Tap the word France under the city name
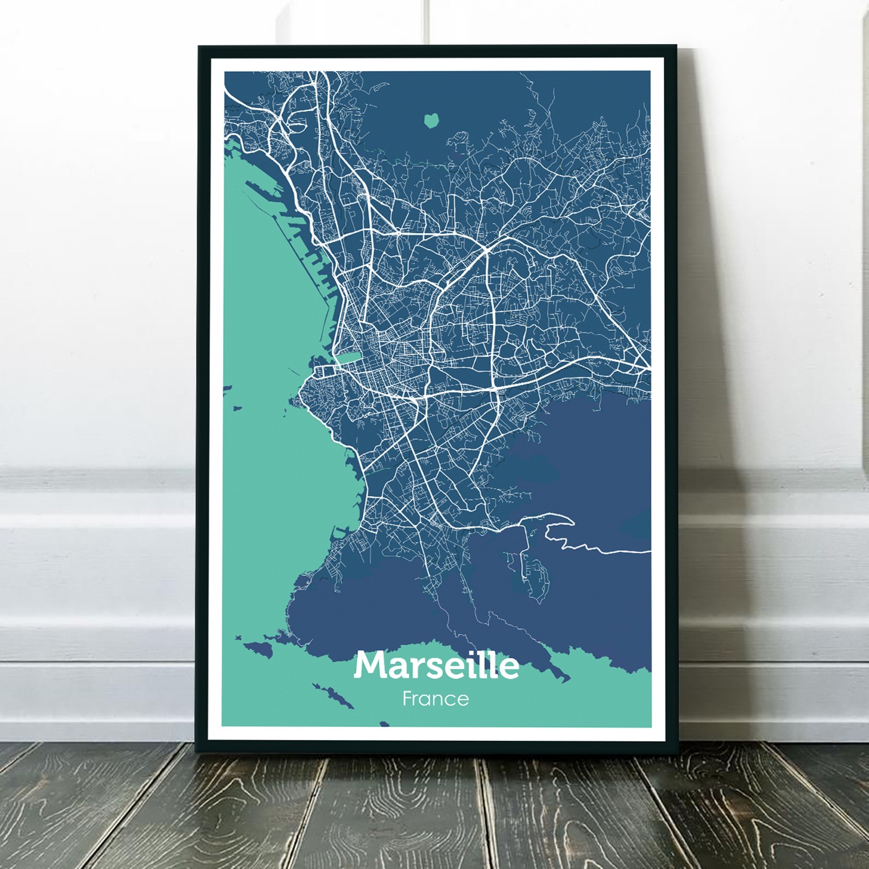pyautogui.click(x=436, y=698)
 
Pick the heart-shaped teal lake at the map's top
pyautogui.click(x=431, y=120)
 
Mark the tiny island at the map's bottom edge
pyautogui.click(x=385, y=723)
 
